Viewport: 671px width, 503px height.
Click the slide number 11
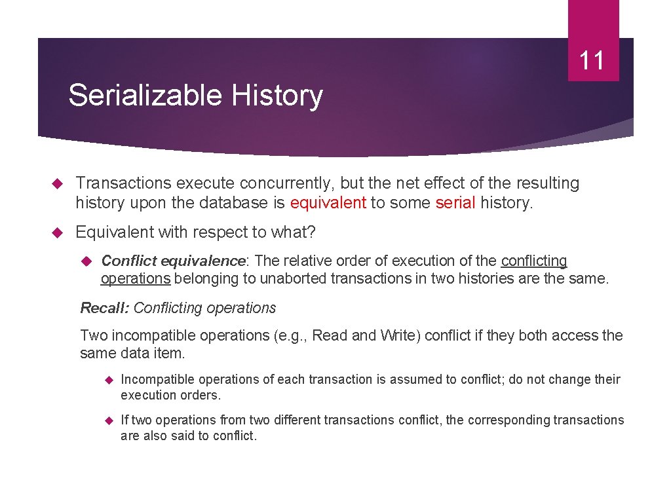pos(592,61)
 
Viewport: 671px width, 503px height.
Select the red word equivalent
pos(328,203)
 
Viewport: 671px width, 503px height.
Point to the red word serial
pos(455,203)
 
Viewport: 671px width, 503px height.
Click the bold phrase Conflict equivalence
pos(173,261)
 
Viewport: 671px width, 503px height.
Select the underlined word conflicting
pos(534,261)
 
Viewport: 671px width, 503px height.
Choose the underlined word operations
pos(136,279)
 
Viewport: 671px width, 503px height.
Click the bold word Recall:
pos(104,308)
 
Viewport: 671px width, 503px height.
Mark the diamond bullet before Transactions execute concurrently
pos(56,184)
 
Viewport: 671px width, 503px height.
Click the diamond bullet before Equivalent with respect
pos(56,233)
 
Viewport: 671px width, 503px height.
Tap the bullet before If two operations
pos(109,420)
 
